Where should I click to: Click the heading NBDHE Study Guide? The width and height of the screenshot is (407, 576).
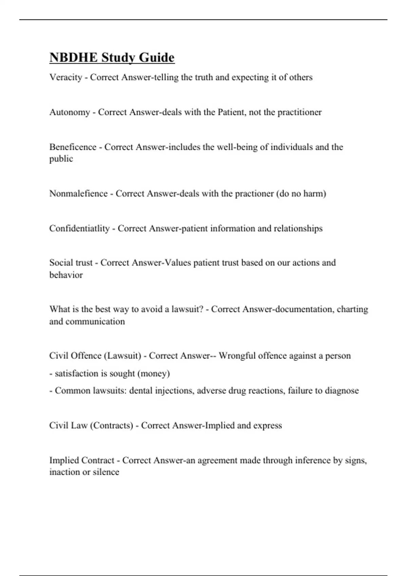pos(112,58)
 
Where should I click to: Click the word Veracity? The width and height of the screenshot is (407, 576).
pos(66,78)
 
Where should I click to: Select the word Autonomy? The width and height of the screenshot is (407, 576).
pos(70,112)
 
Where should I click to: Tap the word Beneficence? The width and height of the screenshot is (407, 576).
pos(73,147)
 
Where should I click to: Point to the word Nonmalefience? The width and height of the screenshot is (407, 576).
pos(78,193)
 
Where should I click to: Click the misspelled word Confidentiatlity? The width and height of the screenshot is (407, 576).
pos(79,228)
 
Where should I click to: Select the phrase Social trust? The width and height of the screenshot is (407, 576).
pos(71,263)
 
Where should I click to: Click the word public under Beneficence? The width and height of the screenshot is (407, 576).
pos(61,159)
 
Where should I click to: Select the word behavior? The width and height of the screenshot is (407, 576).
pos(66,275)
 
